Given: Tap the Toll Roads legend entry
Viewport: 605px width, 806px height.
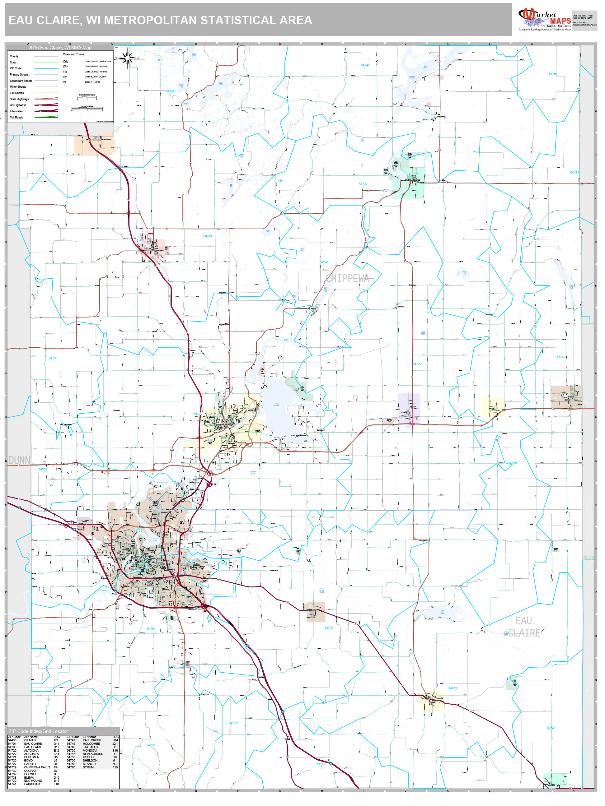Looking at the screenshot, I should [16, 117].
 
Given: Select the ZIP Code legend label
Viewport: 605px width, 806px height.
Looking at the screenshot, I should [16, 68].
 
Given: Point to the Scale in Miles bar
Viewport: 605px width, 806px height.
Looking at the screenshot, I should [87, 108].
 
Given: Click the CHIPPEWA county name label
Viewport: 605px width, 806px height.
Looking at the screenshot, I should [347, 278].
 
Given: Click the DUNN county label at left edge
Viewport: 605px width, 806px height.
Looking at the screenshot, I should [19, 460].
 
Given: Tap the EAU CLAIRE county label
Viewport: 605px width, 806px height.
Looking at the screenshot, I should [524, 627].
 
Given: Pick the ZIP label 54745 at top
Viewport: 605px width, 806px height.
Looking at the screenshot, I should [365, 65].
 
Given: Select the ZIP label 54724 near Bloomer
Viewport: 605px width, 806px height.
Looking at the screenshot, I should [208, 236].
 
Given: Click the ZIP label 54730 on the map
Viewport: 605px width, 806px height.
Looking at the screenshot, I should [53, 358].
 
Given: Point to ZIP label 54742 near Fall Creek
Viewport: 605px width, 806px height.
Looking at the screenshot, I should [329, 628].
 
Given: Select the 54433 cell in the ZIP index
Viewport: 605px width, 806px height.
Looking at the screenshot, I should [12, 740].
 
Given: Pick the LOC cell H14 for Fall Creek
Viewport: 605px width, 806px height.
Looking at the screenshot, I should [115, 740].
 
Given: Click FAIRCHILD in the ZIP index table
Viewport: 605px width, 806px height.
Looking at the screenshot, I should [32, 784].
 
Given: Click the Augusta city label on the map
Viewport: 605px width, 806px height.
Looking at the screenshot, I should [439, 698].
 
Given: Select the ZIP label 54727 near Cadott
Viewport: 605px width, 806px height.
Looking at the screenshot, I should [417, 364].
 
